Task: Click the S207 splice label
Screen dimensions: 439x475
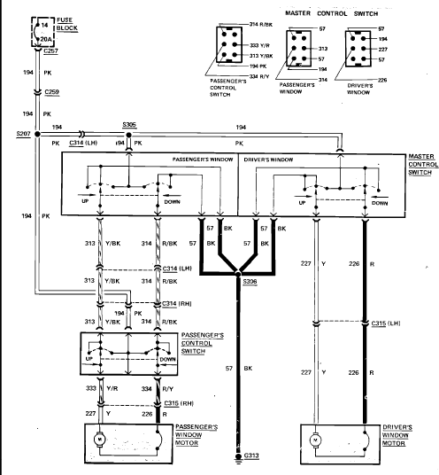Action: tap(23, 134)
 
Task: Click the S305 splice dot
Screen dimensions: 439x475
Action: tap(129, 135)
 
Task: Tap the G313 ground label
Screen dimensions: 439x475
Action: tap(251, 456)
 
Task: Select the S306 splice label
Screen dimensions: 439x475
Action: tap(250, 282)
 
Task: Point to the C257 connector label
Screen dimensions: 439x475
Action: tap(50, 51)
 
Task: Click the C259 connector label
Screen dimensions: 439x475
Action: tap(51, 92)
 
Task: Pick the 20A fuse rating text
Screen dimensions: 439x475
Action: tap(46, 39)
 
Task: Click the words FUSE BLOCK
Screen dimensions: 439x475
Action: tap(67, 24)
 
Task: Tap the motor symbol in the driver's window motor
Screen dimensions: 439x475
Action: tap(315, 440)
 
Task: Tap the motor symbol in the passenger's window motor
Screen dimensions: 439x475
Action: tap(99, 439)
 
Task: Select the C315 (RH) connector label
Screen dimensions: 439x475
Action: tap(179, 403)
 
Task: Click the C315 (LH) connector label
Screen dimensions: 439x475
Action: tap(386, 323)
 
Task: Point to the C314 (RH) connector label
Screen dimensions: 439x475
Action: tap(177, 303)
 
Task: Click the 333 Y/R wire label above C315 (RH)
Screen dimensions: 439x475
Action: tap(102, 388)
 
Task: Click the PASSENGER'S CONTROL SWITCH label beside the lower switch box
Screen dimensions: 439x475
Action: tap(203, 343)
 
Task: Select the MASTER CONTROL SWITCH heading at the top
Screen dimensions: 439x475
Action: tap(332, 13)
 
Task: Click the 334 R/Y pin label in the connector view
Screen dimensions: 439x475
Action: tap(259, 76)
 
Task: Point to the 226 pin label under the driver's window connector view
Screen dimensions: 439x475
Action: tap(382, 80)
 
